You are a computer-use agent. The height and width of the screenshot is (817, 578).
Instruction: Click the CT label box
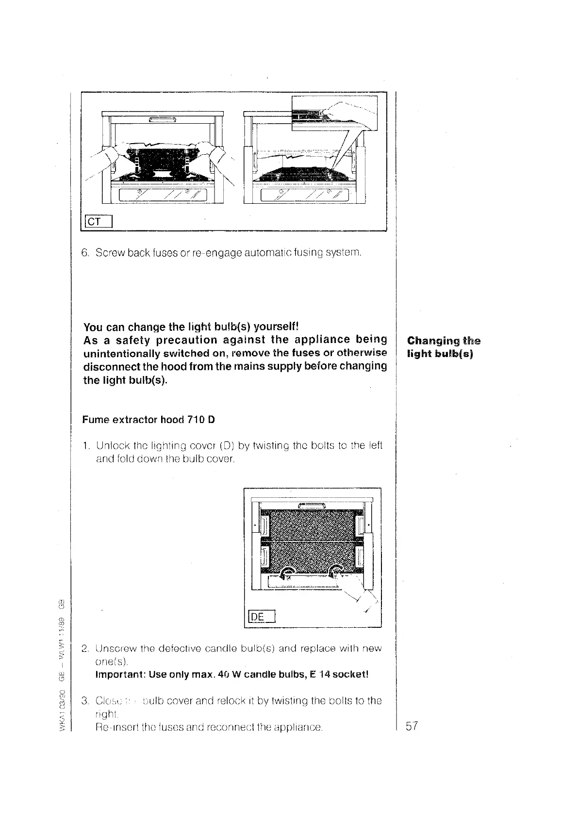(99, 222)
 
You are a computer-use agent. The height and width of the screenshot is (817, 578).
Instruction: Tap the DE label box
(262, 617)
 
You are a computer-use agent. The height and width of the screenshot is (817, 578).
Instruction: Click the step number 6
(85, 253)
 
